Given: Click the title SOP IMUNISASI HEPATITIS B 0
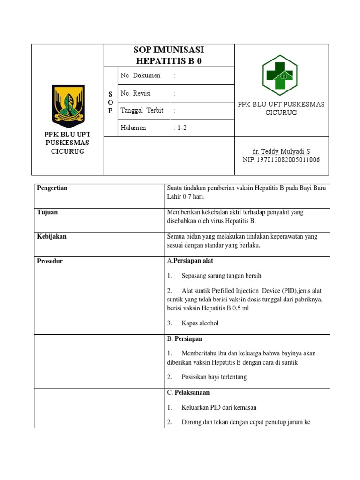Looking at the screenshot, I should [x=169, y=55].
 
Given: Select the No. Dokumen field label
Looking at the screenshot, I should [x=140, y=75].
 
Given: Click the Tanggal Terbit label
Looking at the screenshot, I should [x=142, y=111].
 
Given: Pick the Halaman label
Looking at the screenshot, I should [x=134, y=127].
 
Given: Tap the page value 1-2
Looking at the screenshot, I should [x=180, y=127].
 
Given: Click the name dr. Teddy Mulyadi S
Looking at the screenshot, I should [x=281, y=151].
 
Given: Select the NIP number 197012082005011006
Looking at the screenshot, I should [x=281, y=160].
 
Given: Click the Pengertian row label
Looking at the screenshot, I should [x=52, y=188].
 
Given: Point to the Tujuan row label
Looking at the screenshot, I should [x=47, y=212].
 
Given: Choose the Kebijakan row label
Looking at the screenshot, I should [x=52, y=237].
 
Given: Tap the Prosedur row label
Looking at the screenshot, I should [x=50, y=261].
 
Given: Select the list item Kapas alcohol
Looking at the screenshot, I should [x=200, y=323].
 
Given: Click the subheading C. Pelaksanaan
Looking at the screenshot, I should [x=188, y=392].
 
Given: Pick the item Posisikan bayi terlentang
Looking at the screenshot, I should [x=214, y=377].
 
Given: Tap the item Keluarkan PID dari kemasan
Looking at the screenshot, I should [x=219, y=408].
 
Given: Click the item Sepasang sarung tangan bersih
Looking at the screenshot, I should [x=221, y=276].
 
